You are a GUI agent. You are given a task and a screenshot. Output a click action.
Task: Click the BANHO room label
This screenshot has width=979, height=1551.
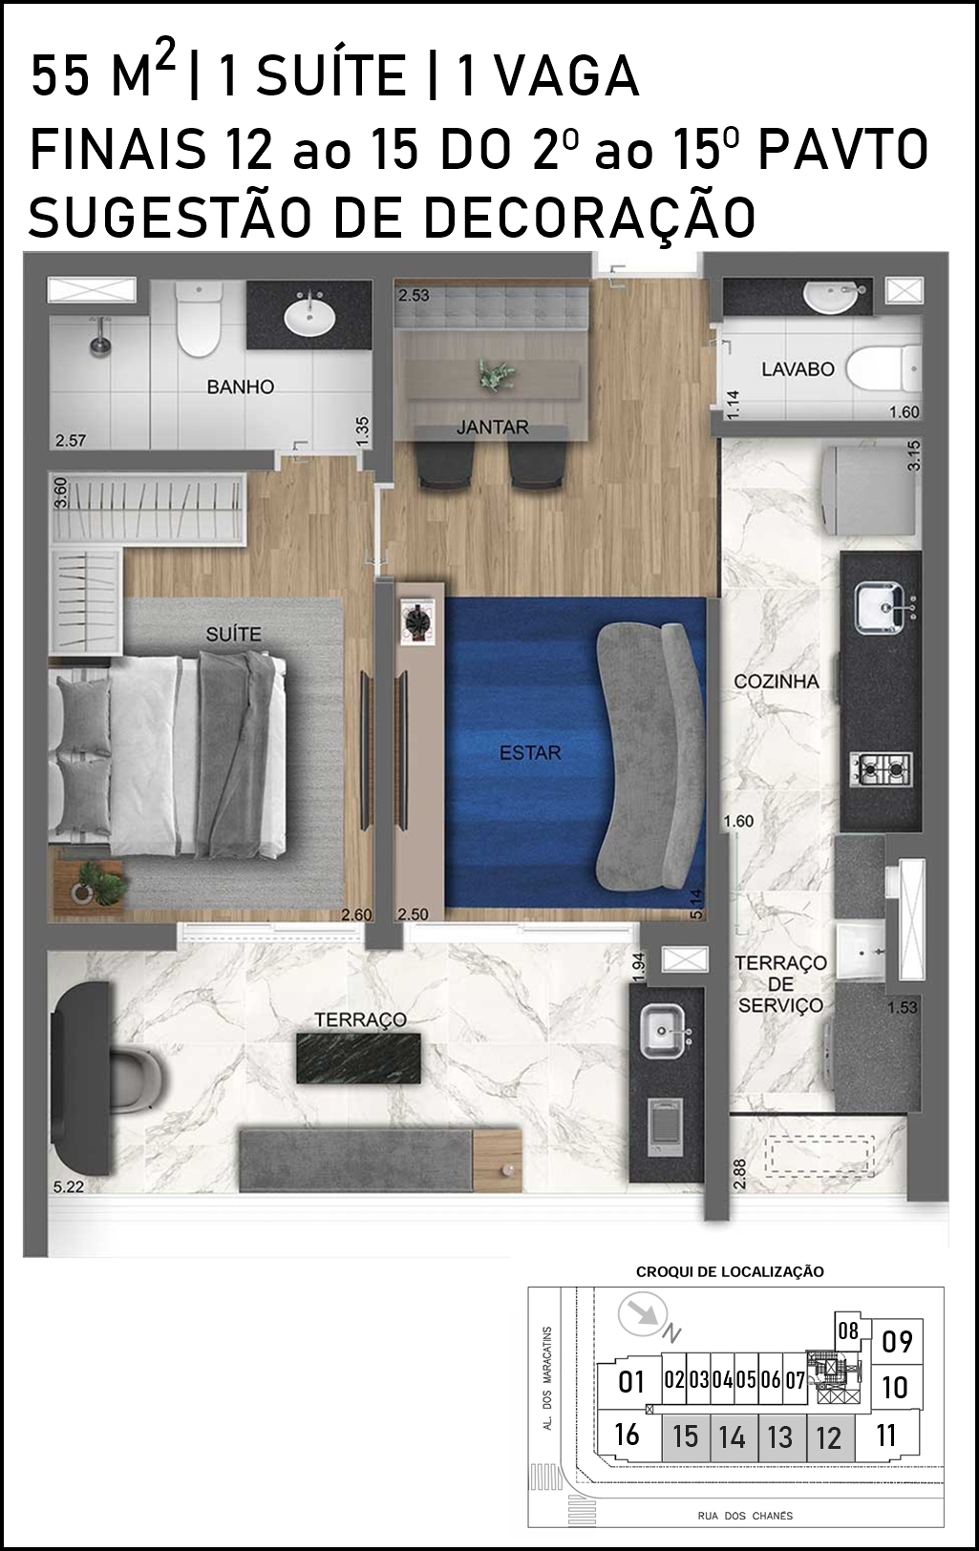pos(241,388)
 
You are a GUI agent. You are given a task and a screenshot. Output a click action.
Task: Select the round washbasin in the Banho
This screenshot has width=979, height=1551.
pos(309,317)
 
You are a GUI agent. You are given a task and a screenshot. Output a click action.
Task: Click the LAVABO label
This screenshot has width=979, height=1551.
pos(798,369)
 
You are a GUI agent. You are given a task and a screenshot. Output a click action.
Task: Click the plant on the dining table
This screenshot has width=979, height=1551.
pos(496,375)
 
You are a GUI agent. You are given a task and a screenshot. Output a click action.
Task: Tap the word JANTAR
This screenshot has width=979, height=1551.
pos(493,428)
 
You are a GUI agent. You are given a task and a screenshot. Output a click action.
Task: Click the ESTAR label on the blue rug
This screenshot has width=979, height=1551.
pos(530,753)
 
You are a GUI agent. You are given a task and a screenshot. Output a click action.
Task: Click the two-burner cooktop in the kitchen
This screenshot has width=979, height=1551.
pos(882,768)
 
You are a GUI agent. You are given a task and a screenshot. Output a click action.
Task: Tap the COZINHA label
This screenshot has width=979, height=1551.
pos(776,681)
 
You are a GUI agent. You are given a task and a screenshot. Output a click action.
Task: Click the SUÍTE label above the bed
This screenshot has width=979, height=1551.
pos(233,634)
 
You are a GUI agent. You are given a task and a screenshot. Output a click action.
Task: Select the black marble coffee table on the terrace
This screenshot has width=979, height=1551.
pos(358,1058)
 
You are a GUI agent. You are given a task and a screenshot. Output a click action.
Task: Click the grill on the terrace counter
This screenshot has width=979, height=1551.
pos(663,1128)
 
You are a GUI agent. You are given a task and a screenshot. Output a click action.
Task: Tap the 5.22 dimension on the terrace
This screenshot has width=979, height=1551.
pos(69,1186)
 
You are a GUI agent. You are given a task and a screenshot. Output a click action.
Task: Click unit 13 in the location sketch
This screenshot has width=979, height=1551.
pos(779,1436)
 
